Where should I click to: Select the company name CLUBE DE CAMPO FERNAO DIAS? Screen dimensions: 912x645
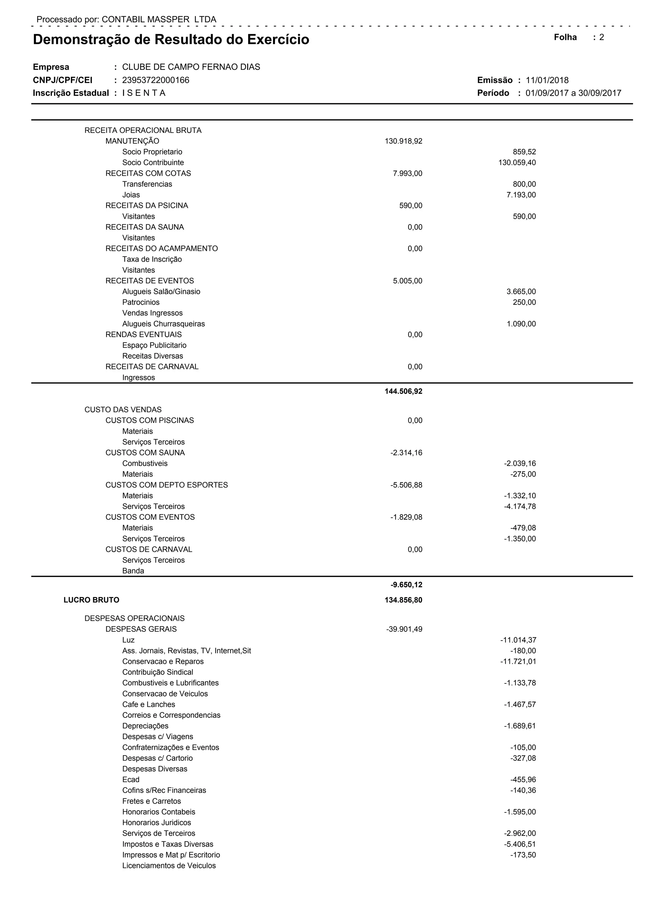[191, 67]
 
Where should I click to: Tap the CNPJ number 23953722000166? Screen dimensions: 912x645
[156, 80]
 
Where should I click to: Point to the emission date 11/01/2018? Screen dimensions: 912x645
[547, 80]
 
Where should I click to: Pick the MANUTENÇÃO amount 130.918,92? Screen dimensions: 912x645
[403, 141]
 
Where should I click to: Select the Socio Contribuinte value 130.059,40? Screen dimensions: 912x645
[517, 162]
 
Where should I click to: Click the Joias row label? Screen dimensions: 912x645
[131, 195]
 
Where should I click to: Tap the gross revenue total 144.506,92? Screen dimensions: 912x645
[403, 391]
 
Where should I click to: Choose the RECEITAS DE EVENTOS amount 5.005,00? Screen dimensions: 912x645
[408, 281]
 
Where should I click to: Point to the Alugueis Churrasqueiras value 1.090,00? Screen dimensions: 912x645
[521, 324]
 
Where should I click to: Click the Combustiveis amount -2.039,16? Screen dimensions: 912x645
[520, 463]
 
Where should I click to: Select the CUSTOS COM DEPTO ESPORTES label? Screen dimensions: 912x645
[166, 485]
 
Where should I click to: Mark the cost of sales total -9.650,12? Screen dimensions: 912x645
[406, 585]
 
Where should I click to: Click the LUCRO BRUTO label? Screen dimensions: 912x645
[91, 600]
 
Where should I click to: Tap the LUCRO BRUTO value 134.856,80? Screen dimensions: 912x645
[403, 600]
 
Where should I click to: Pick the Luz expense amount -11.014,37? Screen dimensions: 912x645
[518, 640]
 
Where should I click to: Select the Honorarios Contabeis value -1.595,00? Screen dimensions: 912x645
[520, 812]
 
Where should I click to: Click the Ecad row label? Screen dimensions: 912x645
[131, 779]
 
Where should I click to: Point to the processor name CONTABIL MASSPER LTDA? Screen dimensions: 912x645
[159, 20]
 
